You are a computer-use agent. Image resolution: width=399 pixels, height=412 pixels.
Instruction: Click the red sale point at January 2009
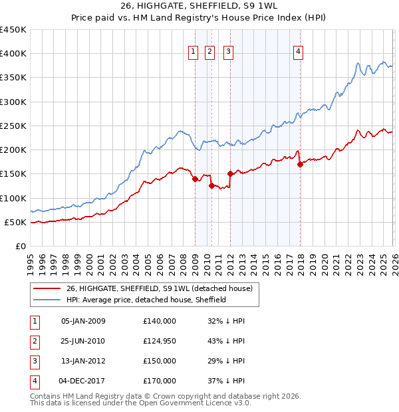[x=195, y=179]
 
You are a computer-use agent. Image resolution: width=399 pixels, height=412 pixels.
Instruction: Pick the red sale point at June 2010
[x=211, y=186]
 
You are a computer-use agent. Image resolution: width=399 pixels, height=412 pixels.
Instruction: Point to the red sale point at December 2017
[x=300, y=164]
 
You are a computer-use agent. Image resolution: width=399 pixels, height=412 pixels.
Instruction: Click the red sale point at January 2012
[x=230, y=174]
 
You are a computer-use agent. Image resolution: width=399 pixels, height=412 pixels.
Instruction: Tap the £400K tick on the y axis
[x=13, y=54]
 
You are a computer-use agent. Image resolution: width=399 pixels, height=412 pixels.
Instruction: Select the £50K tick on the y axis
[x=16, y=222]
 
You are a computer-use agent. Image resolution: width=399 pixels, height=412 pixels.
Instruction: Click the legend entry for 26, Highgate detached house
[x=159, y=289]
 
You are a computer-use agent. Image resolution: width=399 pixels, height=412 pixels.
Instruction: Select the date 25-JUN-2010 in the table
[x=83, y=341]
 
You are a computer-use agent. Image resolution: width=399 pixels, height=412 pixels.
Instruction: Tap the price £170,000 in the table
[x=160, y=381]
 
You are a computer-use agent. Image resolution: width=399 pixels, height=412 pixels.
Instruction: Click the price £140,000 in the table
[x=160, y=321]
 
